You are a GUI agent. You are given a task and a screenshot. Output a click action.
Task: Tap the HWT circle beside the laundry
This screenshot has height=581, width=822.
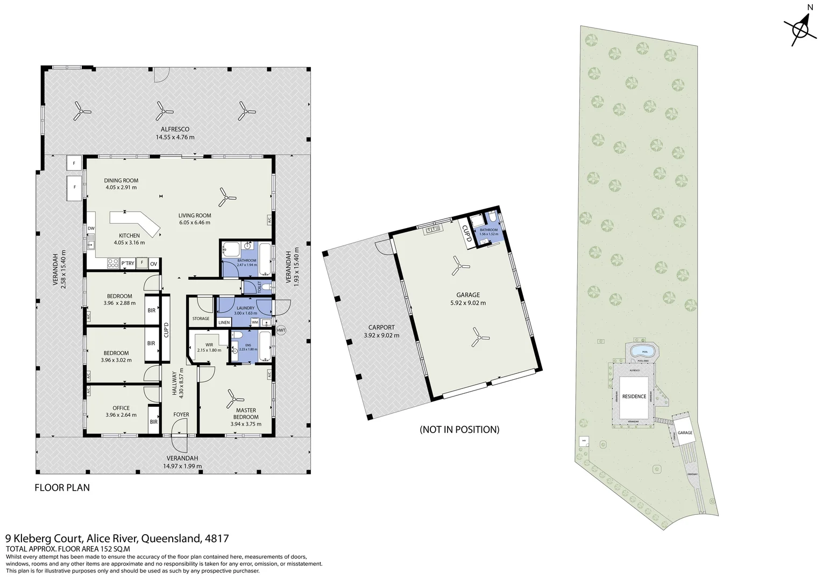click(x=281, y=330)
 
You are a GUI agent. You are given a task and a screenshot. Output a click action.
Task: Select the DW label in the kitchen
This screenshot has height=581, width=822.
click(x=91, y=228)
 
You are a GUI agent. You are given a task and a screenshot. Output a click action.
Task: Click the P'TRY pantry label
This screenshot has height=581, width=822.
click(x=127, y=264)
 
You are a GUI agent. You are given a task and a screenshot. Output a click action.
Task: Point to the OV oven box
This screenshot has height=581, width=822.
click(x=153, y=264)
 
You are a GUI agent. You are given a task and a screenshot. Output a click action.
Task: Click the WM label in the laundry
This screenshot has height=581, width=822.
click(x=254, y=322)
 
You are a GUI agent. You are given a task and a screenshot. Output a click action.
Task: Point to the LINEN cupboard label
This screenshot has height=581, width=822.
click(x=224, y=322)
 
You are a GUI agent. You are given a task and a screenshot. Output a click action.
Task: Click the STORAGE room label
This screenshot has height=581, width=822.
click(x=201, y=318)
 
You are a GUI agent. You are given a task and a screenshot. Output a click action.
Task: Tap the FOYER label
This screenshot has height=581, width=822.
click(x=181, y=415)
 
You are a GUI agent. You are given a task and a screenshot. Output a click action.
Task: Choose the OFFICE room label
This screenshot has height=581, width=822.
click(x=121, y=408)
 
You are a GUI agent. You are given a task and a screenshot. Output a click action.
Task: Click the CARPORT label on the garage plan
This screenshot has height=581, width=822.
click(x=381, y=327)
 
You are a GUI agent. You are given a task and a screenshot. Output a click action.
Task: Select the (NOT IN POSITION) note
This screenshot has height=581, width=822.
click(x=459, y=429)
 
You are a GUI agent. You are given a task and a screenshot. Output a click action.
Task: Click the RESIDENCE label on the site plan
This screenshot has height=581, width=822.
click(x=634, y=396)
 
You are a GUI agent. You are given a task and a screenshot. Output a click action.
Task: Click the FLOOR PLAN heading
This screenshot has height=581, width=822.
click(x=62, y=488)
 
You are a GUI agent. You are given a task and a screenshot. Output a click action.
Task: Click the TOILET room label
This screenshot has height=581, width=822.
click(x=259, y=287)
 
